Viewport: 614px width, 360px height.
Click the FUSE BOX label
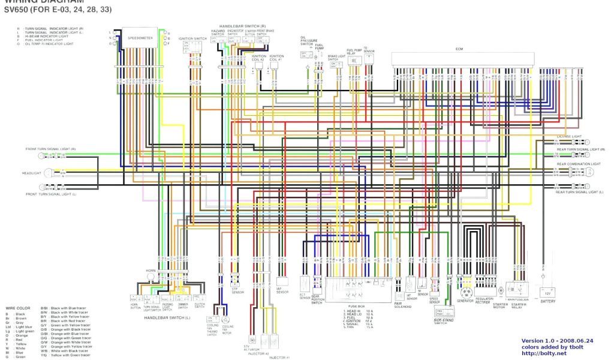[357, 306]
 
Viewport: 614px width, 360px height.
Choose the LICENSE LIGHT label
[570, 137]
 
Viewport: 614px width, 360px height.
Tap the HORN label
[150, 271]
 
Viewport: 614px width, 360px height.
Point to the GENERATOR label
[465, 299]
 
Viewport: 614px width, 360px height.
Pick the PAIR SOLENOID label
[402, 305]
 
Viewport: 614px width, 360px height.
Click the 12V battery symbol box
[546, 292]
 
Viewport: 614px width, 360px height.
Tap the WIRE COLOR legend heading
[18, 308]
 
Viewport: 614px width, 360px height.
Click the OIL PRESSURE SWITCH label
[307, 41]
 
